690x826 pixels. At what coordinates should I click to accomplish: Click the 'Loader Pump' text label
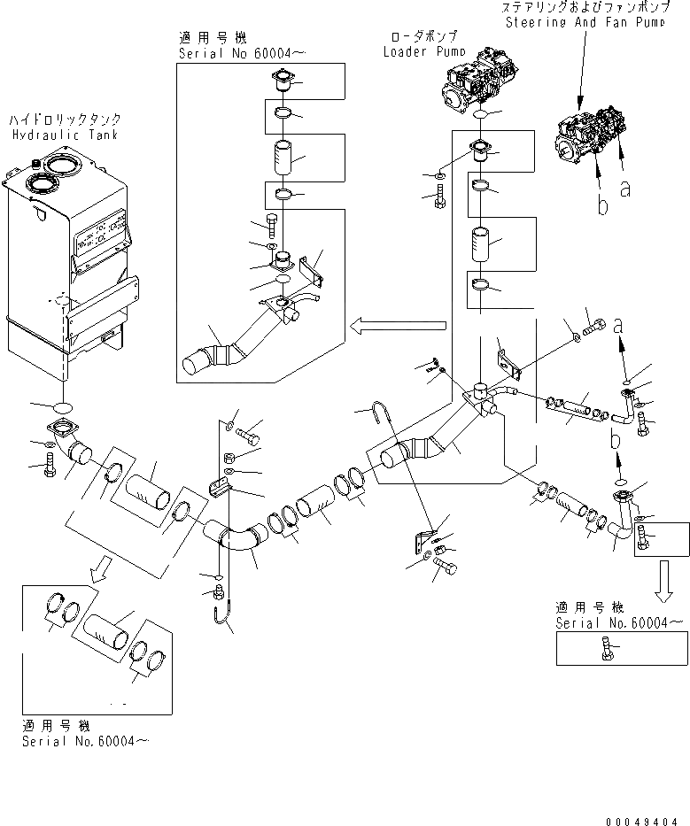pyautogui.click(x=419, y=51)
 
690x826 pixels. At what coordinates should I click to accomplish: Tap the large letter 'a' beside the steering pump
pyautogui.click(x=625, y=188)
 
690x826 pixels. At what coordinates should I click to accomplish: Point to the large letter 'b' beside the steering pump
pyautogui.click(x=602, y=206)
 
